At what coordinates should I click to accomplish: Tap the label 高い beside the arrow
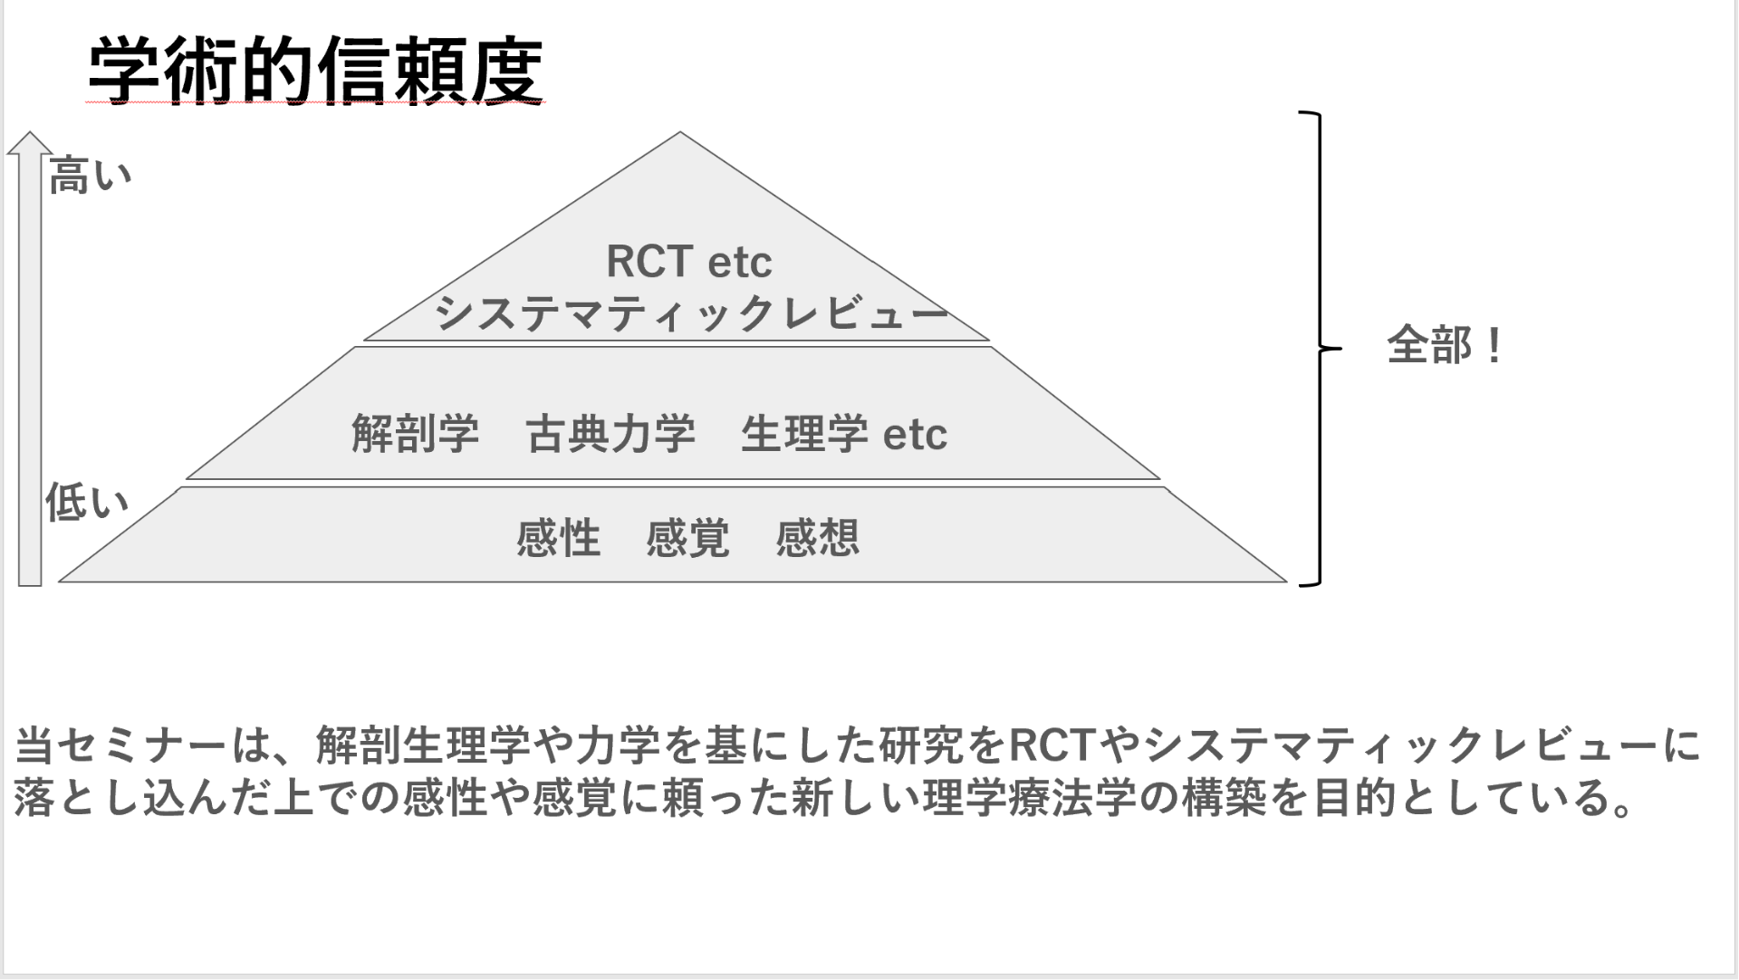point(90,175)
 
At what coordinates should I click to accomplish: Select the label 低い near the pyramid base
point(87,503)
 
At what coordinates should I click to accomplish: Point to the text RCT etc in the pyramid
point(688,262)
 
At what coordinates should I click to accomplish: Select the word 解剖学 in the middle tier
point(415,434)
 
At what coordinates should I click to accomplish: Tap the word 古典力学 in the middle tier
point(610,434)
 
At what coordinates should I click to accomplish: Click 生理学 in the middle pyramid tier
point(804,434)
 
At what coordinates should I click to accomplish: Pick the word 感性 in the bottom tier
point(558,538)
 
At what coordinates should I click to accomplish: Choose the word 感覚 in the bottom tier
point(687,538)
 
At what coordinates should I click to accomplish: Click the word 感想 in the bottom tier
point(817,538)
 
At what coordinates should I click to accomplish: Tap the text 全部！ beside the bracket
point(1444,346)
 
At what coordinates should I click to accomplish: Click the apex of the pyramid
point(680,134)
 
